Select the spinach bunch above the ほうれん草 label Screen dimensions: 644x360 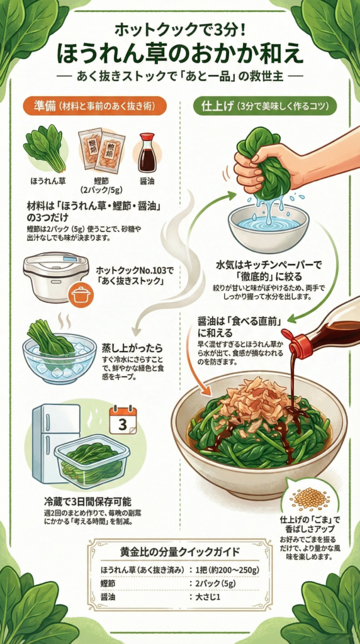tap(46, 148)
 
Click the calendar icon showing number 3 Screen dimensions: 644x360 tap(123, 419)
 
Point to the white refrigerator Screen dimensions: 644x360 tap(55, 443)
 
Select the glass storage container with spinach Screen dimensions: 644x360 tap(92, 461)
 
